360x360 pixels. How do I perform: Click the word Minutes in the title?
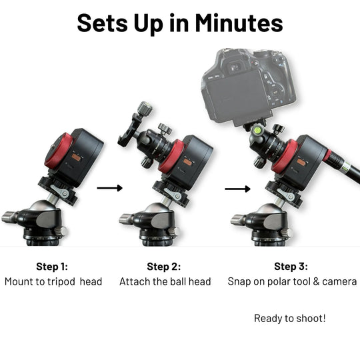pos(239,23)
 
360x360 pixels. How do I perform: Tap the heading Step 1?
pos(52,267)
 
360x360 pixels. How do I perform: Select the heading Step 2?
pos(164,267)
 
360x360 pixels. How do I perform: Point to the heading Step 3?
pos(291,266)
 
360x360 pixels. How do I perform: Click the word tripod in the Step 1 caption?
pos(61,282)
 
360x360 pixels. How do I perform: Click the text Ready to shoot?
pos(290,319)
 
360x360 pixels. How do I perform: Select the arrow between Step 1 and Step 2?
pos(110,188)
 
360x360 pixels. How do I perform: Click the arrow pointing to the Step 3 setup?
pos(237,189)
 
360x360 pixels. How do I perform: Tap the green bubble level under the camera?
pos(257,131)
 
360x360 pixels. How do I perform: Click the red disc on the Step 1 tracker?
pos(58,151)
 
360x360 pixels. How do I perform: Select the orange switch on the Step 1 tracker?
pos(76,157)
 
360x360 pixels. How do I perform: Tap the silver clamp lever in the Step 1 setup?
pos(60,191)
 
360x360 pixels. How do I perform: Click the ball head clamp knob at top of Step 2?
pos(145,109)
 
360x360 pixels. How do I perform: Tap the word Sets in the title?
pos(103,23)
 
